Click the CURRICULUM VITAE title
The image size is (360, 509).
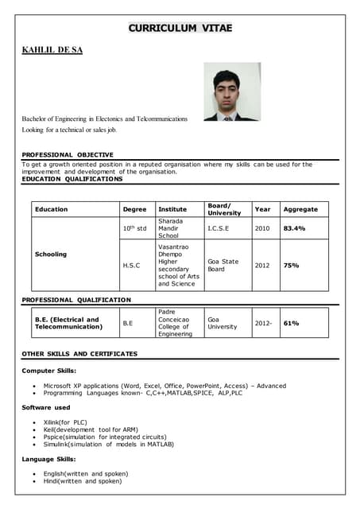180,29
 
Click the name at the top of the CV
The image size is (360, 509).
52,50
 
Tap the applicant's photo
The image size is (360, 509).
231,91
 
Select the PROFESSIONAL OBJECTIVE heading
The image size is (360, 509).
68,154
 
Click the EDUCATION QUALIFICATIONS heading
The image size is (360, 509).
72,179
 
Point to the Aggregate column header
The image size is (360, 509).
300,209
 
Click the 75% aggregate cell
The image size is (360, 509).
291,265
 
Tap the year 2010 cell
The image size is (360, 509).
262,228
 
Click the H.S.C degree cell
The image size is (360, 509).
131,265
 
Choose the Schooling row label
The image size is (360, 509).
51,254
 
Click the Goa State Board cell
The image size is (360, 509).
223,265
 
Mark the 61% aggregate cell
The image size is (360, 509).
291,324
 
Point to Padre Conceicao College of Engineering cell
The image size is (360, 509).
175,323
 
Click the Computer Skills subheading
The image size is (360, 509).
49,371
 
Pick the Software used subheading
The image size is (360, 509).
46,407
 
